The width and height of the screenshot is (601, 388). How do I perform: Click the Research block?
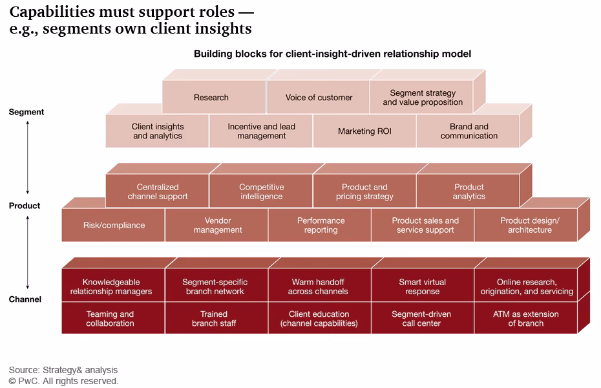click(x=211, y=98)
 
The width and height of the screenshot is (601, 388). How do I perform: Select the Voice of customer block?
click(x=319, y=98)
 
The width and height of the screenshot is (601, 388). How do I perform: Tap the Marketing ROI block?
click(x=364, y=131)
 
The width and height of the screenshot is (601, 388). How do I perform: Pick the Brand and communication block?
click(x=469, y=131)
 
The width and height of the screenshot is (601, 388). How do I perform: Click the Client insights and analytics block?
click(x=158, y=131)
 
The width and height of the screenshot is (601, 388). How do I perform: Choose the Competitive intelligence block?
click(x=261, y=191)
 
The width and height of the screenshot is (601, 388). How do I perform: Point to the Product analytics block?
click(x=469, y=191)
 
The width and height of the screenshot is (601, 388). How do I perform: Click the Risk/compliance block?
click(x=114, y=225)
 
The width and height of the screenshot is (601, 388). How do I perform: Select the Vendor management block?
click(x=217, y=225)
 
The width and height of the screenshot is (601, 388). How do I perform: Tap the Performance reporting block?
click(x=321, y=225)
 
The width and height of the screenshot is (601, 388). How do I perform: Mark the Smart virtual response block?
click(x=423, y=286)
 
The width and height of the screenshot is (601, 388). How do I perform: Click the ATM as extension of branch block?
click(x=525, y=318)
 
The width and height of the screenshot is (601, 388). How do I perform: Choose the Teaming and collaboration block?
click(x=110, y=318)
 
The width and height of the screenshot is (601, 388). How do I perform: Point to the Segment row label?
click(x=26, y=112)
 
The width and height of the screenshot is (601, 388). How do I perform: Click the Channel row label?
click(x=25, y=299)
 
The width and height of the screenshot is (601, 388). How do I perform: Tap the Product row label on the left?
click(x=25, y=206)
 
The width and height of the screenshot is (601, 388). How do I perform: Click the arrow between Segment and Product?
click(x=27, y=158)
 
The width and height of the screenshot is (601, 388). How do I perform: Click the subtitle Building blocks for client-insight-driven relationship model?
click(x=332, y=54)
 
